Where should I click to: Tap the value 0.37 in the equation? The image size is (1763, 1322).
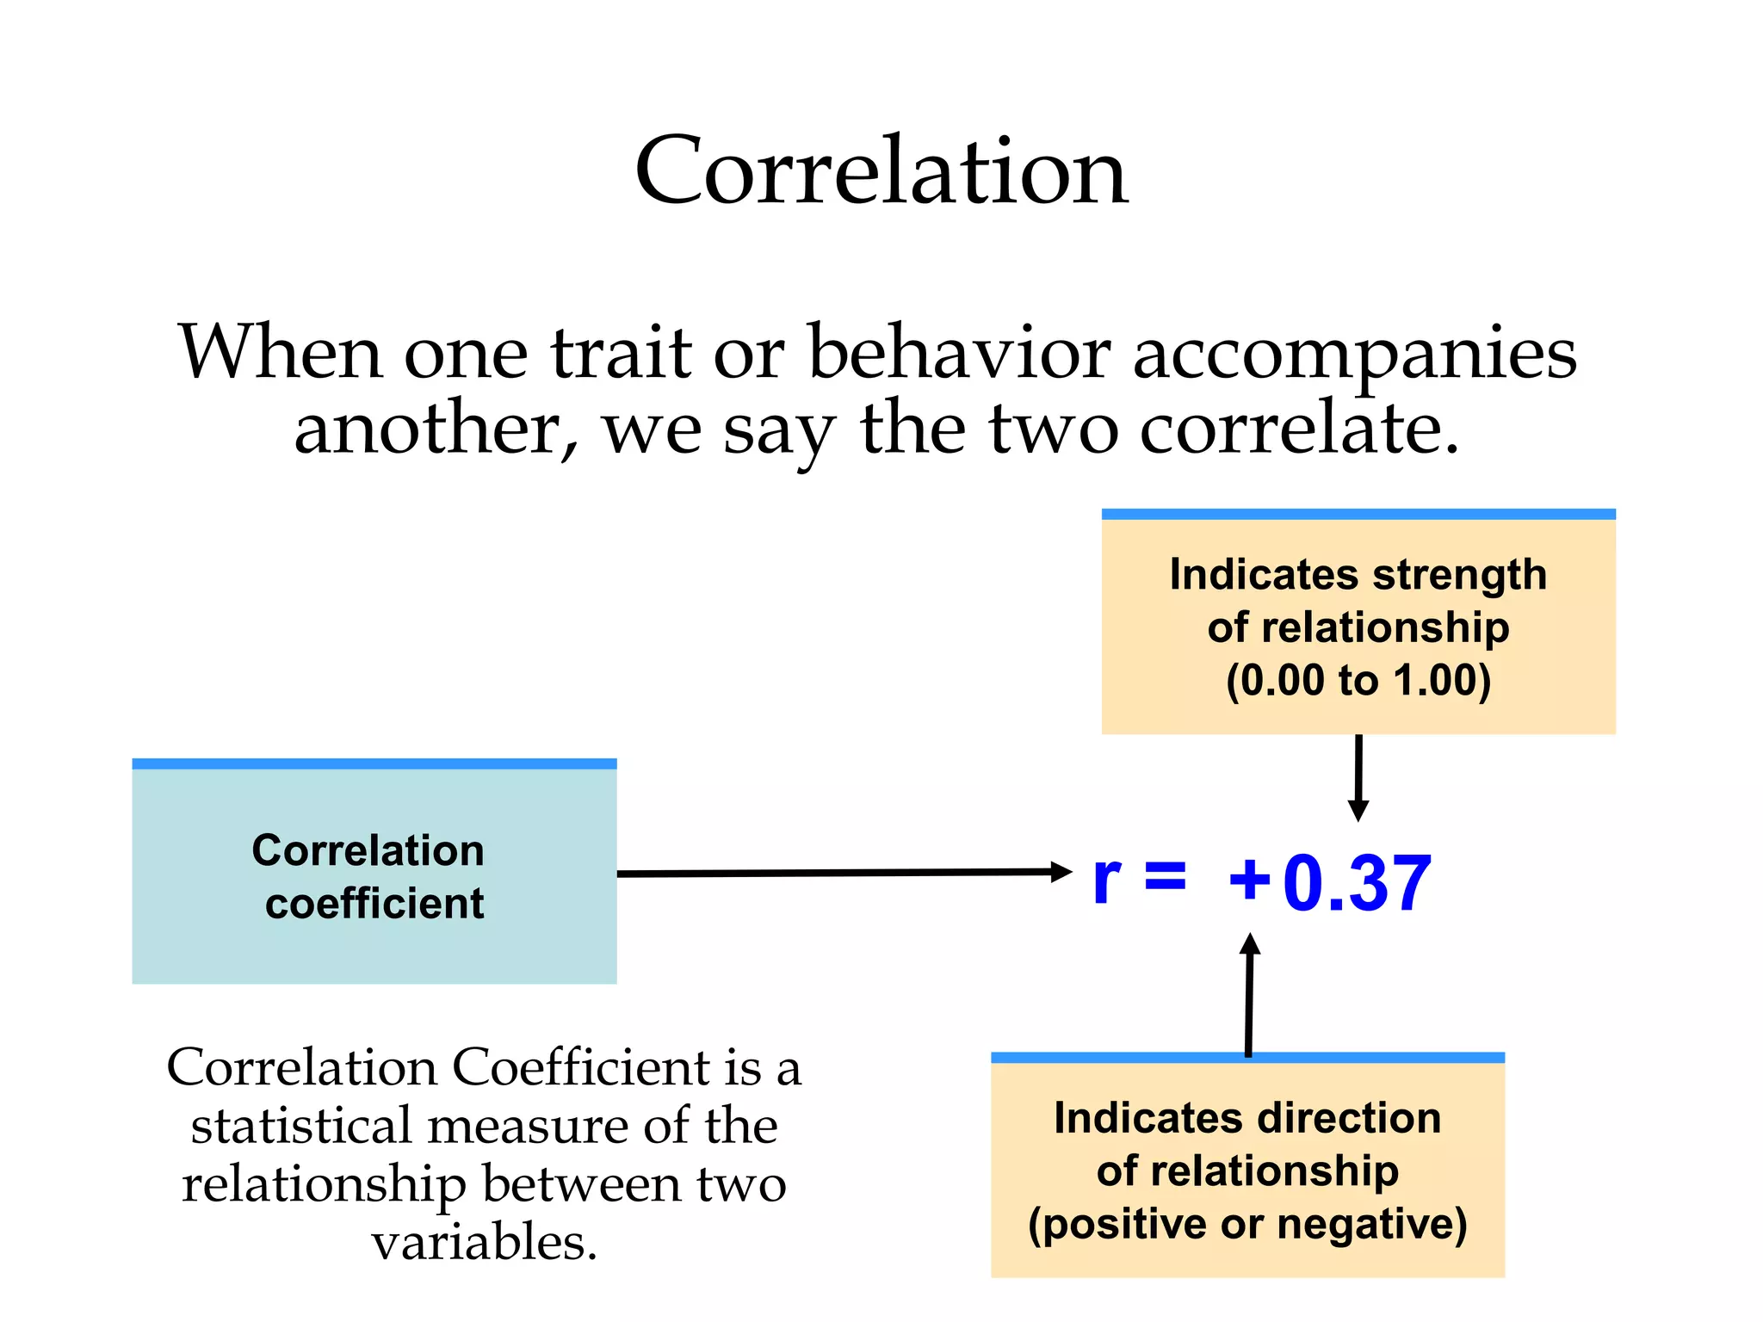point(1357,883)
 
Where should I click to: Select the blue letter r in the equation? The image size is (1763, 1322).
point(1107,881)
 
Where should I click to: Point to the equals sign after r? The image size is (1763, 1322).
point(1165,878)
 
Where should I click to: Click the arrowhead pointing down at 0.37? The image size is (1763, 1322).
point(1358,809)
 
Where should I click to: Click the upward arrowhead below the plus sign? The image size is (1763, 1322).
point(1250,945)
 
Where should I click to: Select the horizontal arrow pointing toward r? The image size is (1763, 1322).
point(844,873)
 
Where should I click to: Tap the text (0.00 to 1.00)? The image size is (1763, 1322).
point(1358,680)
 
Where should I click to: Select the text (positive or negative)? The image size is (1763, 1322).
point(1247,1224)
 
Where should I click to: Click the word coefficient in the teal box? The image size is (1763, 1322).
point(374,904)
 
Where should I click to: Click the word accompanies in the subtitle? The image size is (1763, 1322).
point(1354,355)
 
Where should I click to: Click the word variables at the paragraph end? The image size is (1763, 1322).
point(484,1243)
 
